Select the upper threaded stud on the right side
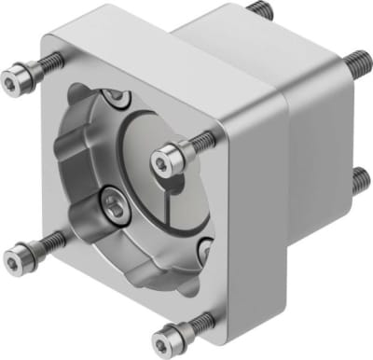pyautogui.click(x=356, y=63)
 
